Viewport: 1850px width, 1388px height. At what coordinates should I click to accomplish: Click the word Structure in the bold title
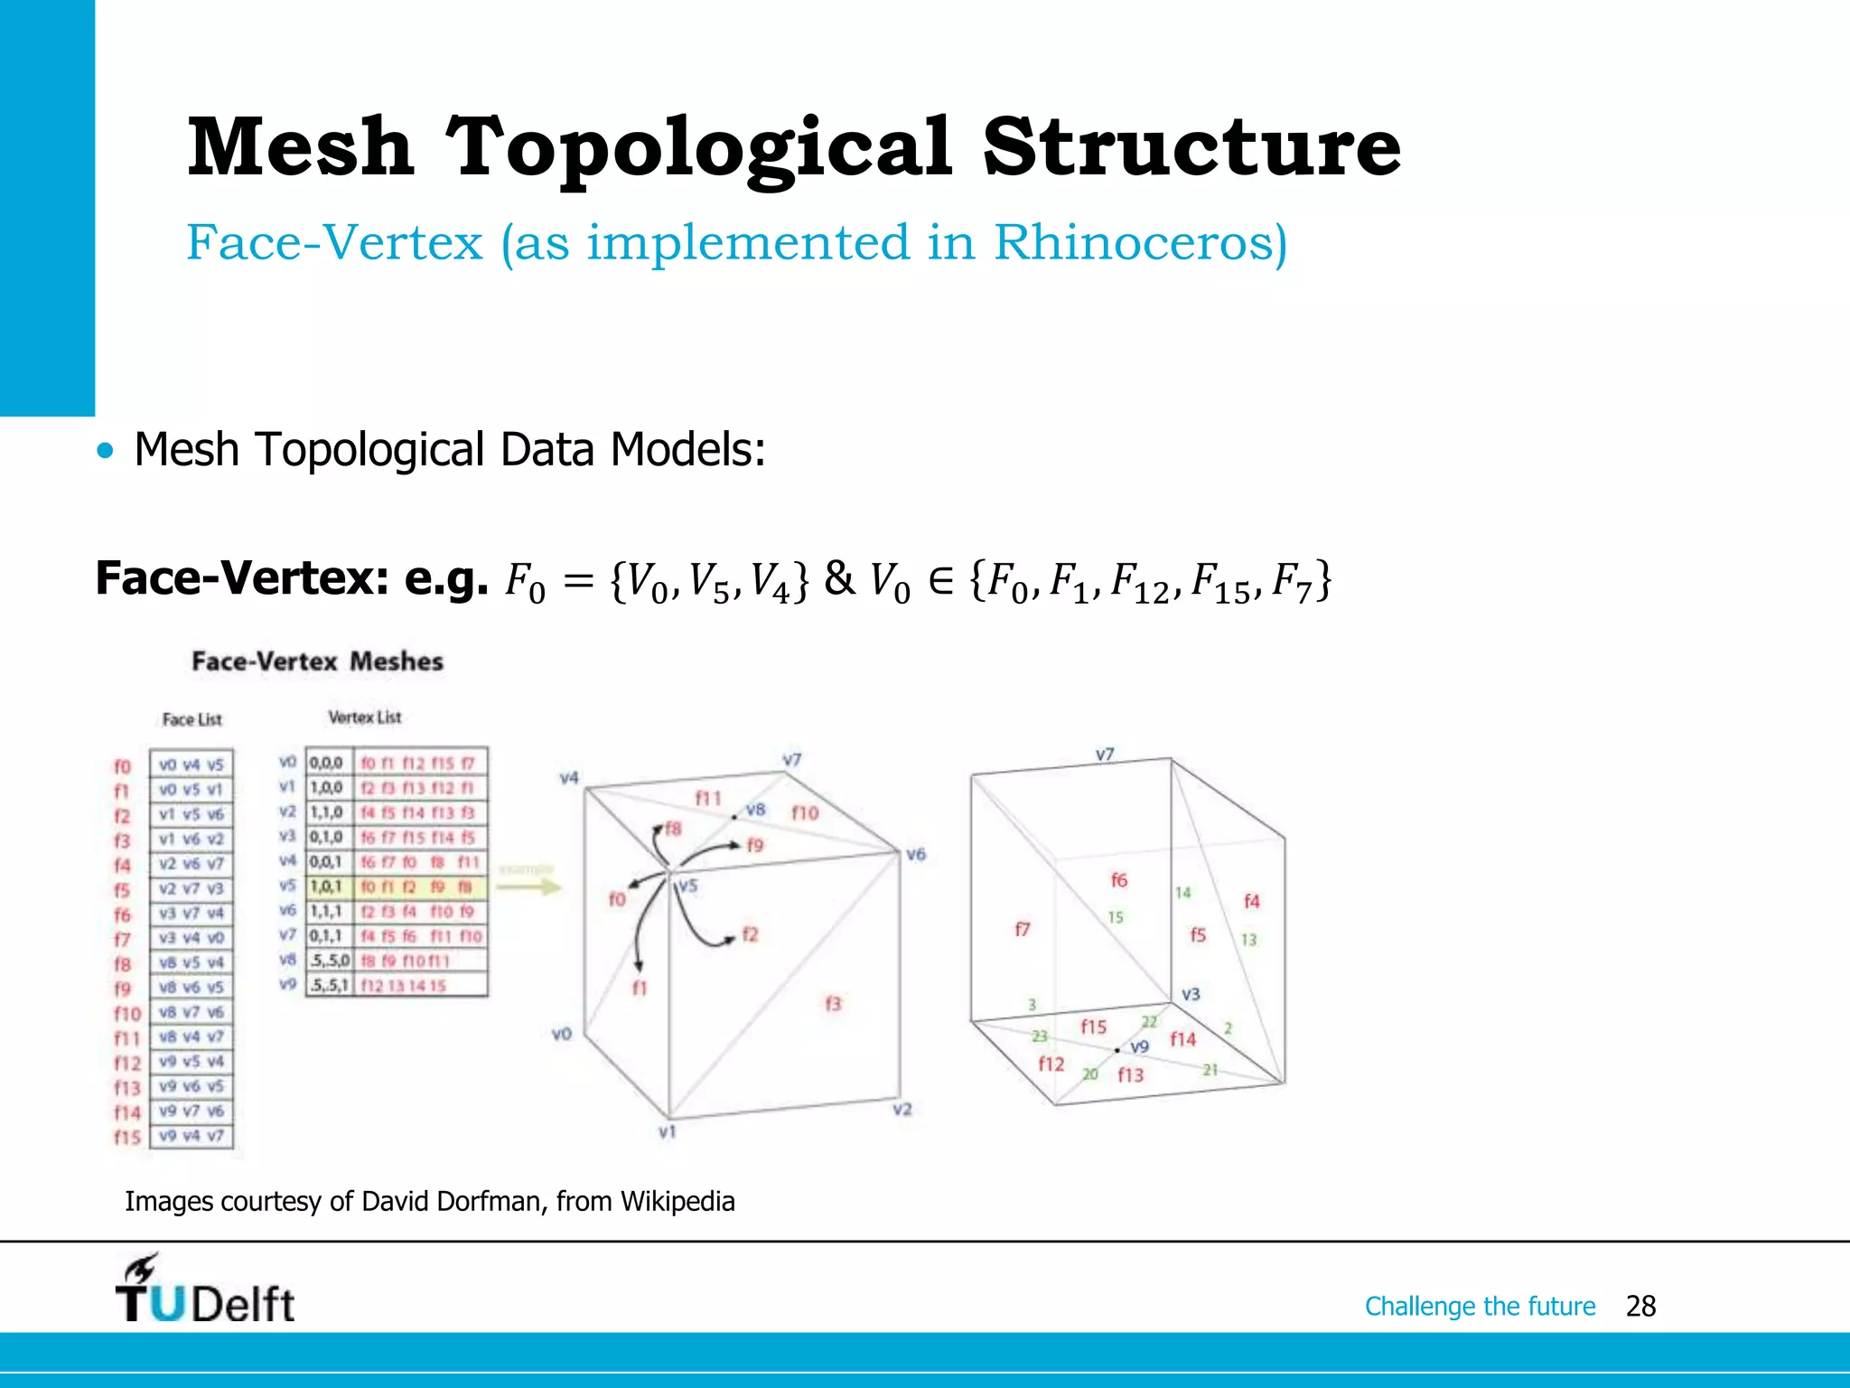[1191, 146]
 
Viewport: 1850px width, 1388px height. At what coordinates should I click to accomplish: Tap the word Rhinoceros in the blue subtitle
[1140, 242]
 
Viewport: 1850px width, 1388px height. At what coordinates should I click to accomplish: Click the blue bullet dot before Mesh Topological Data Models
[107, 450]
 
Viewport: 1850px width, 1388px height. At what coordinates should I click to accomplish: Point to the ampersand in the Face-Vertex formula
[839, 578]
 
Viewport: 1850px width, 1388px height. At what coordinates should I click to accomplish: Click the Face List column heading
[192, 719]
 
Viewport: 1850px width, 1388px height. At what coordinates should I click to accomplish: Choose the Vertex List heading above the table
[365, 717]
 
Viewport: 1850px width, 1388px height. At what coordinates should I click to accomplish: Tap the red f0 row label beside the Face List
[122, 766]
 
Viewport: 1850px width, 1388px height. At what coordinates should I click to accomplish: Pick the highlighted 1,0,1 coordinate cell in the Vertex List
[326, 886]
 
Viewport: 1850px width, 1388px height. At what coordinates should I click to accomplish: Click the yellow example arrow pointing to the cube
[529, 886]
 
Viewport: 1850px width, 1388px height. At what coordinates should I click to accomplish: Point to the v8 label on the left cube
[756, 810]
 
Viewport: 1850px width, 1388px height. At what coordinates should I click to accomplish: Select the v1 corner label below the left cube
[667, 1131]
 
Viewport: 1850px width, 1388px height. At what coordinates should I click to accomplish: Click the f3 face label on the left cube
[833, 1003]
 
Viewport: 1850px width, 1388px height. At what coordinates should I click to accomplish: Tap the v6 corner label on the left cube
[916, 854]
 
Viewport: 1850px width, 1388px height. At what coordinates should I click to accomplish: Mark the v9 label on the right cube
[1140, 1046]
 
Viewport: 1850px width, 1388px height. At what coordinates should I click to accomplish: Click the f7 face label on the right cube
[1022, 929]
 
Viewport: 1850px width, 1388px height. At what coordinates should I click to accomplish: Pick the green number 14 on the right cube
[1182, 893]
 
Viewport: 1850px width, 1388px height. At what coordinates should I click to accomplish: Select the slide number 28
[1640, 1306]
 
